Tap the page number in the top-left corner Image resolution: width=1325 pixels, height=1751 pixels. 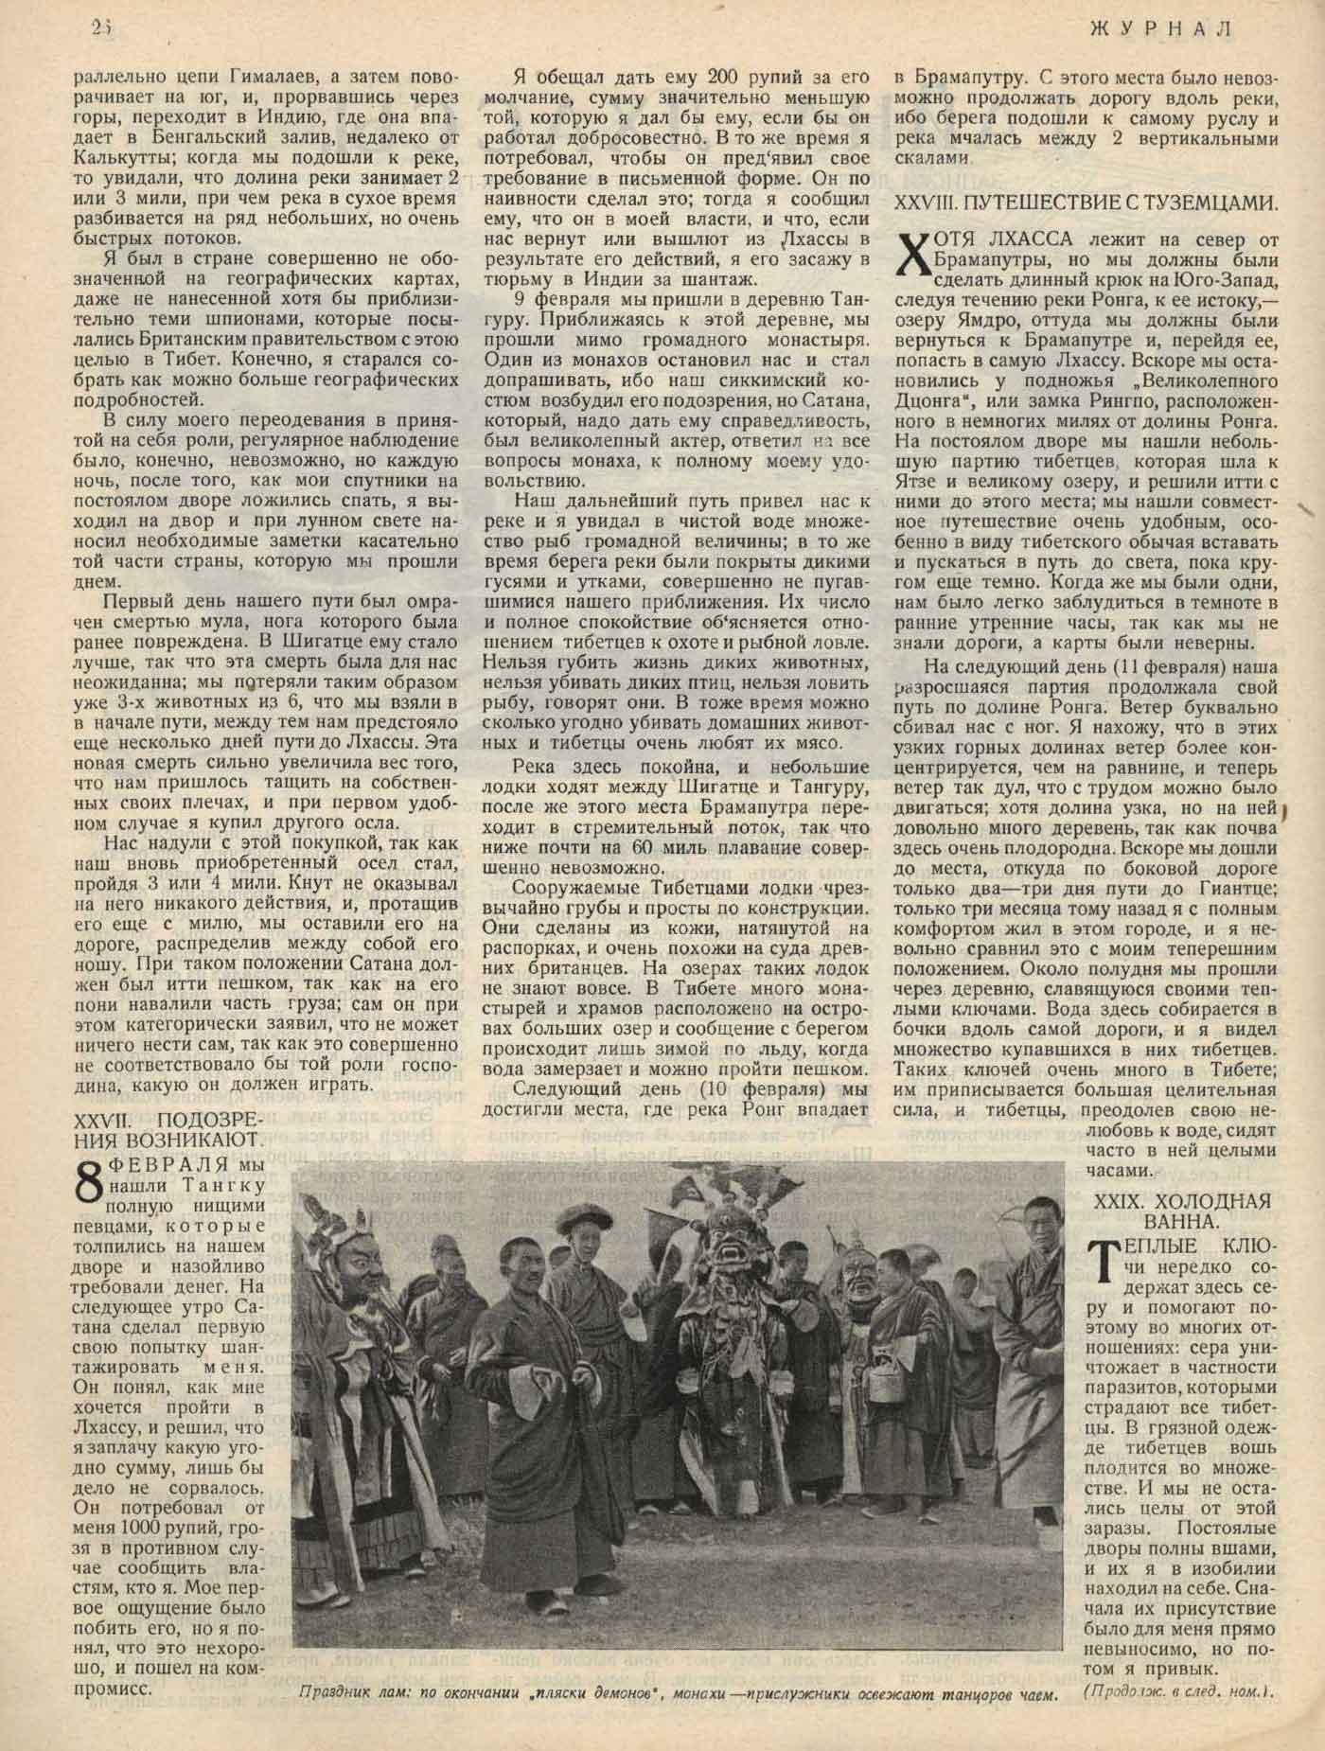[102, 28]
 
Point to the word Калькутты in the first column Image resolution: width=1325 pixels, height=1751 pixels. [119, 158]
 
